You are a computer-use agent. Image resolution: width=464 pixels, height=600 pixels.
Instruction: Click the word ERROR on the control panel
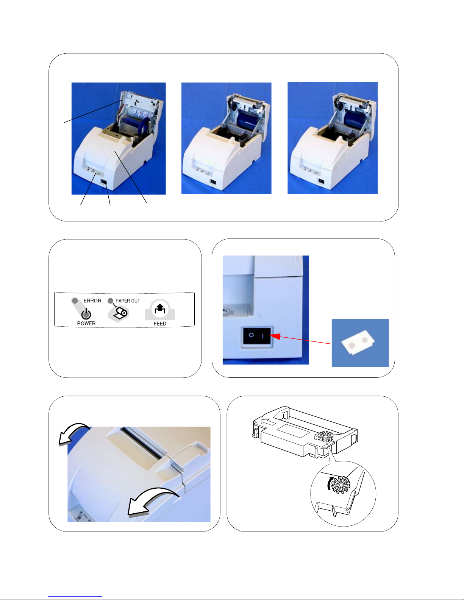92,301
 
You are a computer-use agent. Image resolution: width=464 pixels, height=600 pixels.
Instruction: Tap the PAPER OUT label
128,301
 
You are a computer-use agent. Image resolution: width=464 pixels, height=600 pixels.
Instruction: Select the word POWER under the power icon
86,323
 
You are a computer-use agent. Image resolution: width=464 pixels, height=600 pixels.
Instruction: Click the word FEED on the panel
160,324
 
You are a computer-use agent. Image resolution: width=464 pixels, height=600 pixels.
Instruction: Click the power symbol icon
86,314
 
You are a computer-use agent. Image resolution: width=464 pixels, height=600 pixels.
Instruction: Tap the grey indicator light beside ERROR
75,301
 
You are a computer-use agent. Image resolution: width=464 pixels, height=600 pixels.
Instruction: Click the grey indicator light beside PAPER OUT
111,301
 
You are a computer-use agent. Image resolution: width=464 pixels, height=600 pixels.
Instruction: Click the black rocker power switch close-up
256,336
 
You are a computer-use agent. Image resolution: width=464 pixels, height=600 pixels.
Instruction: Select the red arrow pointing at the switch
300,340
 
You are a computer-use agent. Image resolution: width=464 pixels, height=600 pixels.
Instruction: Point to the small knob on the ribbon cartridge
325,436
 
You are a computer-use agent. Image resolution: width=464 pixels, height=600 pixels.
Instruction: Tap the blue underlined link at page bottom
75,597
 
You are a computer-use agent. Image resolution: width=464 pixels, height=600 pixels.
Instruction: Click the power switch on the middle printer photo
213,181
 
